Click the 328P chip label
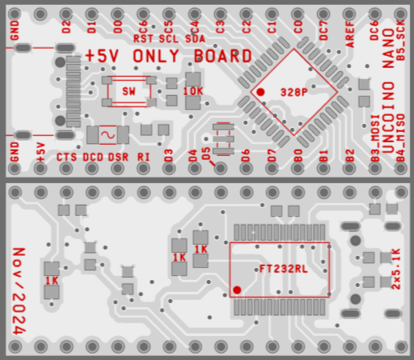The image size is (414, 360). pos(294,92)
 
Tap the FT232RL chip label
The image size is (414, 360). pos(283,269)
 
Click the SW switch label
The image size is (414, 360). pos(129,91)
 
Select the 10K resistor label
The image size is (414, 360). pos(193,91)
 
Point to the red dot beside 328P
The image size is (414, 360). pos(260,92)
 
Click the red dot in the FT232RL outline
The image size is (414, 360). pos(237,290)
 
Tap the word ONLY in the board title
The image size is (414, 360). pos(156,56)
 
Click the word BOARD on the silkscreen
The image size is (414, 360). pos(223,56)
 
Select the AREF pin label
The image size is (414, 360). pos(350,34)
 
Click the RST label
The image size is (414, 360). pos(143,39)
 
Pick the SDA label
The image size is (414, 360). pos(195,39)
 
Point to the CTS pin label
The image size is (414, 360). pos(66,157)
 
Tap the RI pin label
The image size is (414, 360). pos(143,157)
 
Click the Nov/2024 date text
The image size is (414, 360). pos(19,291)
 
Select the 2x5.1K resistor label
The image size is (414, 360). pos(396,269)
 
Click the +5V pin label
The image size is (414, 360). pos(41,152)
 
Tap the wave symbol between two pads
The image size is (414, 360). pos(108,135)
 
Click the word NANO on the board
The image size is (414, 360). pos(388,48)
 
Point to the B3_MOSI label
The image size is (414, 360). pos(376,138)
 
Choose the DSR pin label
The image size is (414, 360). pos(119,157)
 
